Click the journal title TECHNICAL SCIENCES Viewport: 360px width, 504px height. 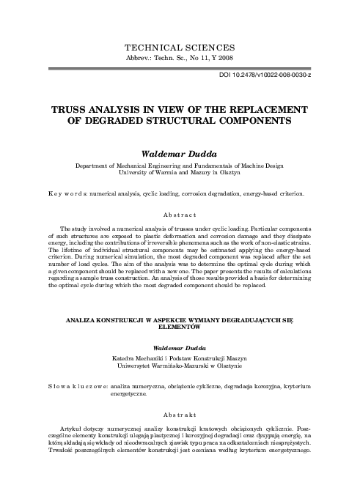coord(180,46)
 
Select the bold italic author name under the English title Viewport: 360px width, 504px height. coord(180,155)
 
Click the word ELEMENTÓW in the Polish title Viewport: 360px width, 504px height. coord(180,329)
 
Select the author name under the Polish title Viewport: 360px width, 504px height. coord(180,347)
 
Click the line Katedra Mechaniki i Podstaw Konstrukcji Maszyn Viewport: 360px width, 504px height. coord(180,357)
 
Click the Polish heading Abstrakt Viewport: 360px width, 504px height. coord(180,412)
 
